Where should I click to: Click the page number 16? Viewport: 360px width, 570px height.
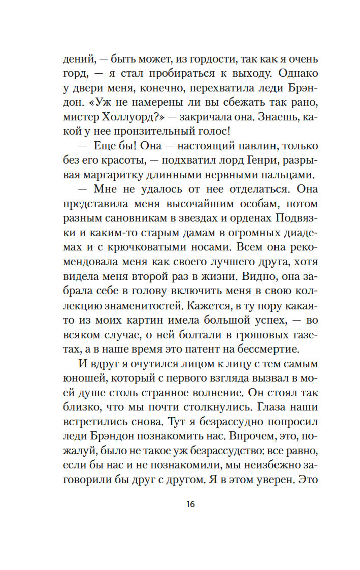190,504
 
